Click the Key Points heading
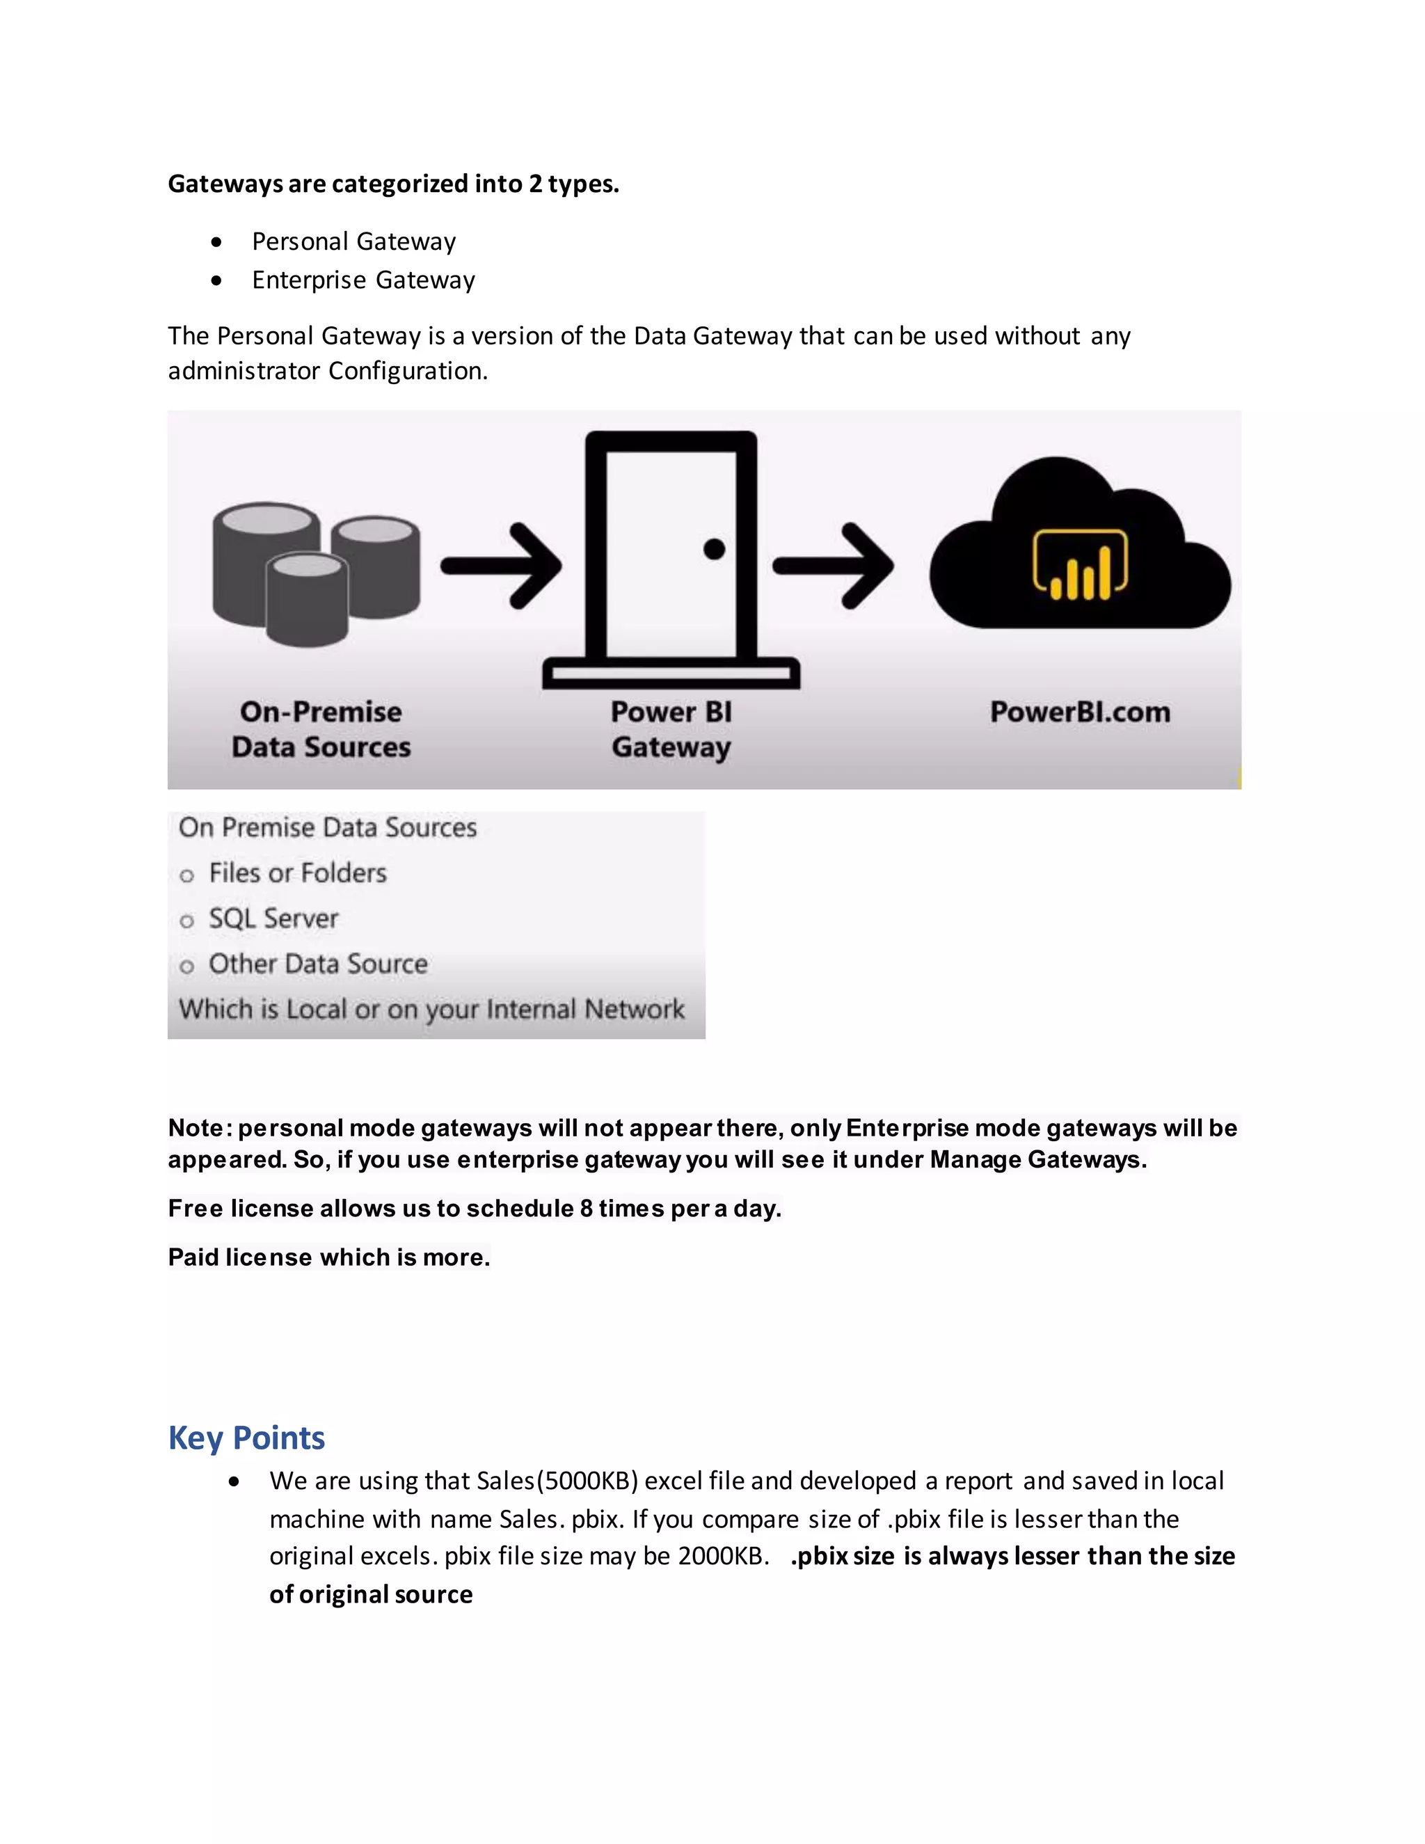click(x=246, y=1438)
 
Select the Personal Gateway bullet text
click(x=353, y=241)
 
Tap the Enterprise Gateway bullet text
click(x=363, y=280)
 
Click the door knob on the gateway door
click(x=714, y=550)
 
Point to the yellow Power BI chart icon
click(x=1080, y=565)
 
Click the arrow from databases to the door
click(x=502, y=565)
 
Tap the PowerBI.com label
click(x=1080, y=712)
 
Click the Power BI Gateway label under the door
click(x=671, y=729)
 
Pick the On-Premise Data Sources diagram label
click(x=321, y=729)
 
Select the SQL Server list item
click(x=273, y=919)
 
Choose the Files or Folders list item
click(x=297, y=873)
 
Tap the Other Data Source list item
click(x=317, y=964)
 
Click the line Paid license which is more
click(x=328, y=1257)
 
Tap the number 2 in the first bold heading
click(x=535, y=184)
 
